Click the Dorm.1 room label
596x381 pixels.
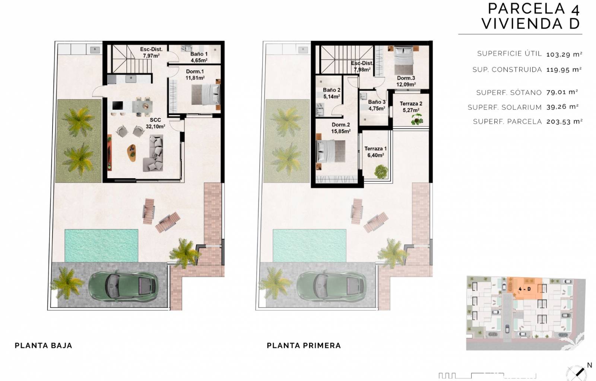(x=195, y=75)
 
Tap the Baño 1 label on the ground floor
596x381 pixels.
(x=199, y=57)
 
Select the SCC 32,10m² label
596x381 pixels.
(x=155, y=123)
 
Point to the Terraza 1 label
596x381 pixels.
(x=375, y=152)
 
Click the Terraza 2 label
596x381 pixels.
(x=411, y=107)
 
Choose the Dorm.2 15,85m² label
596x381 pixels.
(x=340, y=128)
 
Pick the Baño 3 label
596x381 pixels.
(x=377, y=105)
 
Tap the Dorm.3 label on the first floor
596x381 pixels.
(x=406, y=81)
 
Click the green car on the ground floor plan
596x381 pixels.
(x=123, y=287)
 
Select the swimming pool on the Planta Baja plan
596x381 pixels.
(x=101, y=246)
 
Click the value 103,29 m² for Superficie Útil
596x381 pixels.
(x=564, y=54)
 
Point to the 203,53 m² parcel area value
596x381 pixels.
(x=564, y=122)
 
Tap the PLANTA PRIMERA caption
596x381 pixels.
(x=304, y=346)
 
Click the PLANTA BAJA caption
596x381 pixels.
(x=43, y=346)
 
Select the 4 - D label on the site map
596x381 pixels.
(x=524, y=289)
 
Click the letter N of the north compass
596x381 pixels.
(x=589, y=365)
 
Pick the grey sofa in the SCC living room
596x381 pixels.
(x=153, y=153)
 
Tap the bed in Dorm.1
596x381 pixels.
(x=206, y=95)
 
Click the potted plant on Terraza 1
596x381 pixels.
(x=381, y=172)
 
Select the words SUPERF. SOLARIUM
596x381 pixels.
(x=505, y=107)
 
